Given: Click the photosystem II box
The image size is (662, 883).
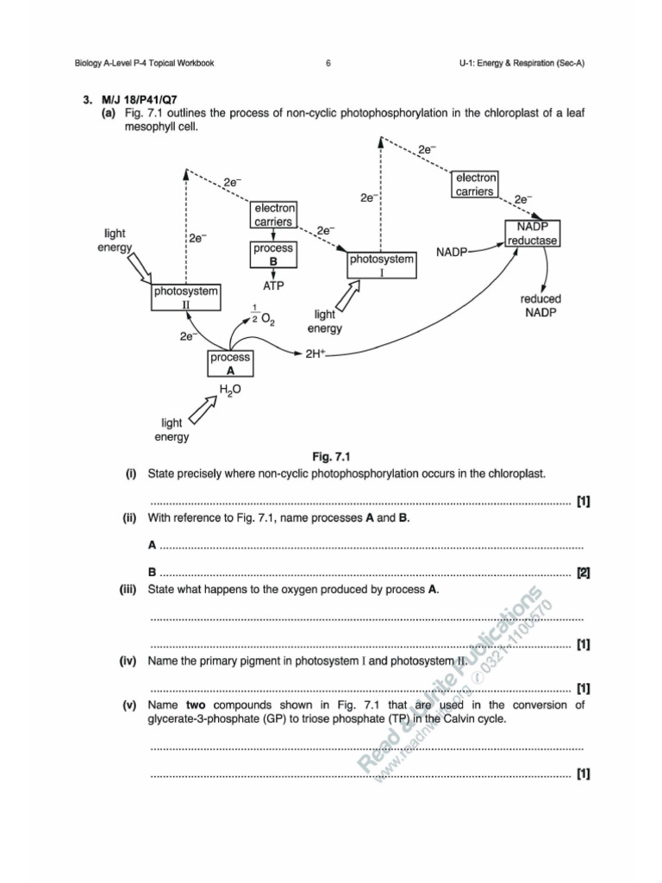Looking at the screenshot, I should (x=186, y=297).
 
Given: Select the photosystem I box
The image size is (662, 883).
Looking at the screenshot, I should (x=380, y=265).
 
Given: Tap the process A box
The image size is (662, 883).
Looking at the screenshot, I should (x=230, y=364).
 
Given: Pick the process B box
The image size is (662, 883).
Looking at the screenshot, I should (x=273, y=254).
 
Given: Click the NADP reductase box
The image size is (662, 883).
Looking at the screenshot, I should (x=533, y=233).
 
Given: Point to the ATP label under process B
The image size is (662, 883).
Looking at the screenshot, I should (x=273, y=285).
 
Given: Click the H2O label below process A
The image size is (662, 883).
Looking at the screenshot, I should (x=230, y=390).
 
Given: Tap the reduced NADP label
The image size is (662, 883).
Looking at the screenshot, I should (x=540, y=305).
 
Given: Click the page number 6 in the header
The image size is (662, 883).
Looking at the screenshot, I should (x=329, y=63).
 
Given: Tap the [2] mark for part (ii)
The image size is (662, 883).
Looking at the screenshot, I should (x=584, y=572).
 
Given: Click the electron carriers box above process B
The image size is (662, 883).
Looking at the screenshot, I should (x=274, y=215).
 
